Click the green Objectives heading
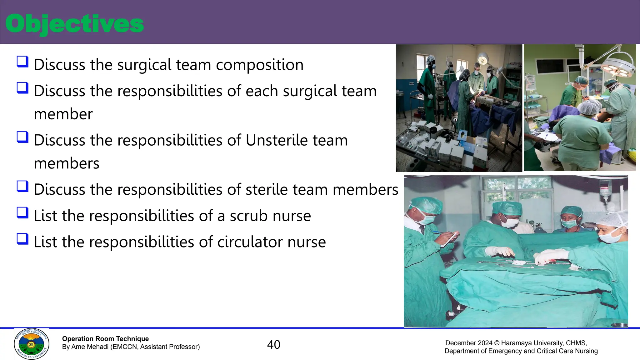(x=74, y=24)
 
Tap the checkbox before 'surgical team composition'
(x=22, y=62)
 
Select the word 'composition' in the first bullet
(x=259, y=65)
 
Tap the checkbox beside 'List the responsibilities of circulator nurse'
(x=22, y=239)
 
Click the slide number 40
(x=273, y=345)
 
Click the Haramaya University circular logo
(x=31, y=344)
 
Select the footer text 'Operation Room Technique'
(x=105, y=339)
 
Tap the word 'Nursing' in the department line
(x=585, y=351)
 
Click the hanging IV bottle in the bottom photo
(x=605, y=191)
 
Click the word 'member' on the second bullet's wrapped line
(x=63, y=114)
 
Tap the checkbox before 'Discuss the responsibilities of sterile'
(x=22, y=187)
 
